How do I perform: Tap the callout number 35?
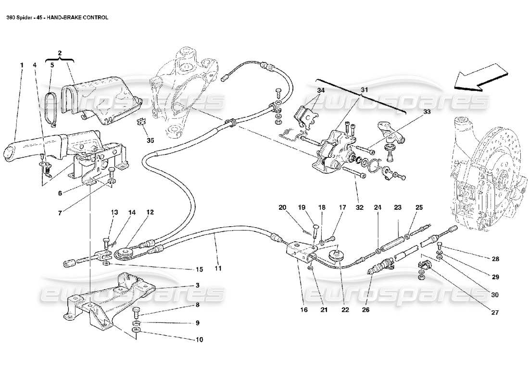[151, 141]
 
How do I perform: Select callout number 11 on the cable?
[218, 268]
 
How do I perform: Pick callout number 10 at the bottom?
[199, 339]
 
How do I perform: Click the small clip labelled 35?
[142, 122]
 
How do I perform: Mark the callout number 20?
[282, 208]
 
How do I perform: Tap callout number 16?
[304, 310]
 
